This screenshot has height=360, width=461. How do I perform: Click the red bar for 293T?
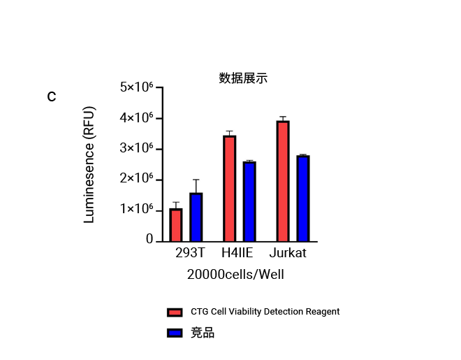coord(176,224)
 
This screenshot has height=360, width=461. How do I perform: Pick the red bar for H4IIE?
coord(229,188)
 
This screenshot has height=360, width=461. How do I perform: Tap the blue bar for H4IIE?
coord(249,201)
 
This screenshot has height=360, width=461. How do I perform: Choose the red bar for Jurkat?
coord(283,181)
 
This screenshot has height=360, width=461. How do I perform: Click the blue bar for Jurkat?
coord(302,199)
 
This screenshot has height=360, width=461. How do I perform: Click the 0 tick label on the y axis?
coord(149,239)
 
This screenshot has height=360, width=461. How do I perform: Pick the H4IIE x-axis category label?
coord(237,253)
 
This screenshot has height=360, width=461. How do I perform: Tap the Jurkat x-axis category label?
coord(288,253)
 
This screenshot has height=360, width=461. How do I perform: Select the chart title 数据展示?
coord(243,78)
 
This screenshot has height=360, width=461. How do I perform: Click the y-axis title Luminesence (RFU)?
coord(89,165)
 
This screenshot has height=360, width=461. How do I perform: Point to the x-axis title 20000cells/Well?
coord(235,275)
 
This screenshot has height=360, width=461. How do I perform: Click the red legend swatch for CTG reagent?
coord(175,312)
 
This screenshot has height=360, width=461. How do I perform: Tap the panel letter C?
coord(52,97)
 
